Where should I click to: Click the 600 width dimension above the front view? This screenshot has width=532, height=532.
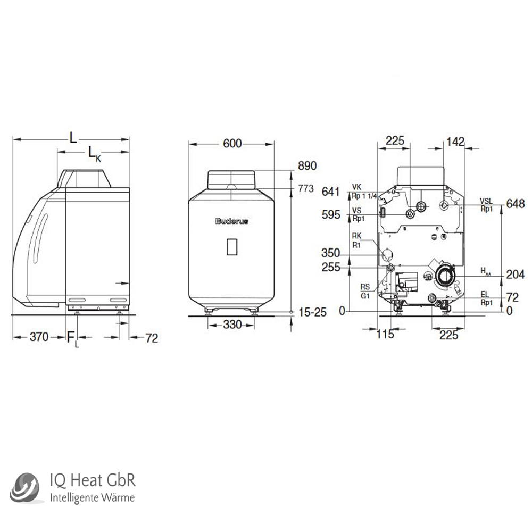(x=232, y=143)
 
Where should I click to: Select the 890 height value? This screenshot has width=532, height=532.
(x=307, y=166)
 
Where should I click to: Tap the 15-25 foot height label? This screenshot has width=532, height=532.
(x=311, y=312)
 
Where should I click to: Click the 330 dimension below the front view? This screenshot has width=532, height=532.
(x=231, y=325)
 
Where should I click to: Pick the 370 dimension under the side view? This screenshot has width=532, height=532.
(x=39, y=337)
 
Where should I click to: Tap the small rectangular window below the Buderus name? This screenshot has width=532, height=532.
(x=231, y=247)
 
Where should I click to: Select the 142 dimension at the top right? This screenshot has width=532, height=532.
(x=455, y=141)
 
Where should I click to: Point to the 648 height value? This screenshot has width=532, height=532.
(x=516, y=204)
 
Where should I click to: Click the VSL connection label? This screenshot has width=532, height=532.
(x=486, y=201)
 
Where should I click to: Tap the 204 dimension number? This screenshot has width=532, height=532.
(x=516, y=275)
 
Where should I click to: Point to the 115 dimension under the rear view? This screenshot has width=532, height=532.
(x=385, y=334)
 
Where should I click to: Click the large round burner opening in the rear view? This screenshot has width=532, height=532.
(x=444, y=276)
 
